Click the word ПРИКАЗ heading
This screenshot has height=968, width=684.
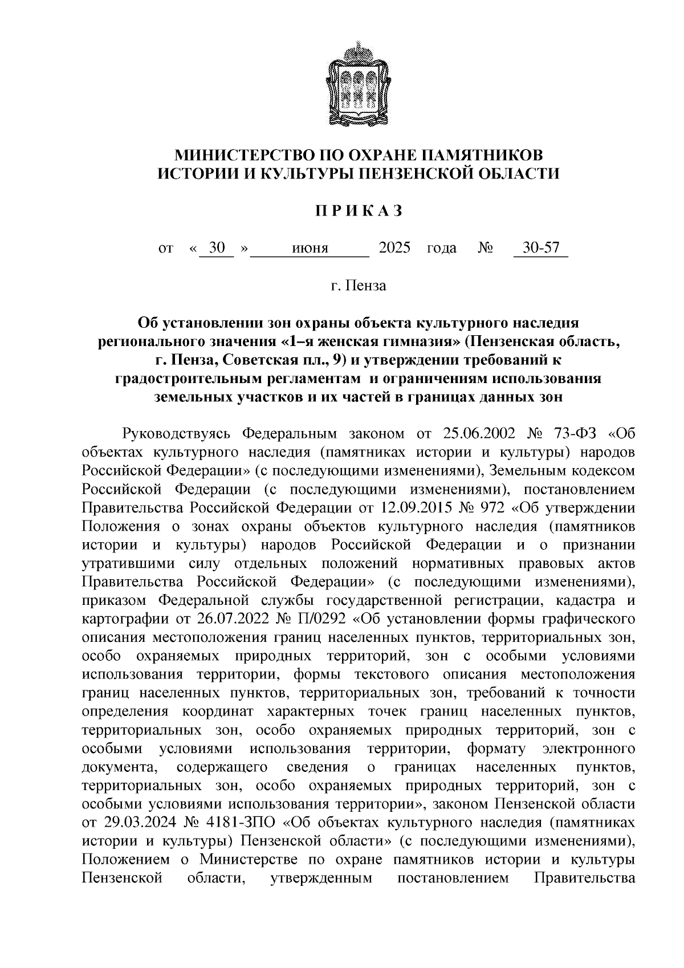[x=359, y=212]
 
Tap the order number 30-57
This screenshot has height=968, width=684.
[x=541, y=249]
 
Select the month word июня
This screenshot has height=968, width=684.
[x=310, y=249]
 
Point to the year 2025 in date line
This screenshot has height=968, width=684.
[x=394, y=249]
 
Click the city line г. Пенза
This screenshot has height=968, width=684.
[x=359, y=286]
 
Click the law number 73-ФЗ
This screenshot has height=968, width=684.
[x=574, y=433]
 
